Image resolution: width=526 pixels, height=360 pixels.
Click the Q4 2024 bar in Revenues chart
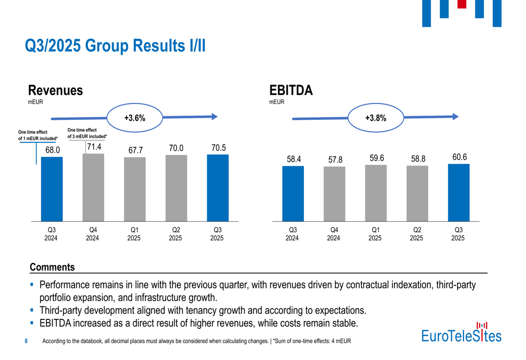[93, 188]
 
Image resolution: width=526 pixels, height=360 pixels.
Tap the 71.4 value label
[94, 147]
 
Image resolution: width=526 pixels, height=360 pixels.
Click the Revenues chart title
[55, 90]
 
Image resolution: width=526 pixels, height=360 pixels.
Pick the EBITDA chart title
[291, 90]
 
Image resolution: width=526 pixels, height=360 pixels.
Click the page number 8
[27, 342]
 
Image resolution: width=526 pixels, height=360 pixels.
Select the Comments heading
[52, 268]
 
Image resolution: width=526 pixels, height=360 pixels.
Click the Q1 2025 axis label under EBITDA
[375, 234]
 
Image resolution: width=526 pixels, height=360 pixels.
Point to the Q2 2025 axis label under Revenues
[176, 234]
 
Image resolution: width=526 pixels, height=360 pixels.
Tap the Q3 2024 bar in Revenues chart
[52, 189]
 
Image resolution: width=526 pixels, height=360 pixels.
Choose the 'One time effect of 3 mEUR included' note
[87, 133]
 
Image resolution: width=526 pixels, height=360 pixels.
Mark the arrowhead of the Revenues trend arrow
[214, 117]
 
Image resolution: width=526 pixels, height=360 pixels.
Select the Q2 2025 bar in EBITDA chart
[417, 193]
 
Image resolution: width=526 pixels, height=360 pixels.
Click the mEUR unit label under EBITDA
[277, 102]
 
